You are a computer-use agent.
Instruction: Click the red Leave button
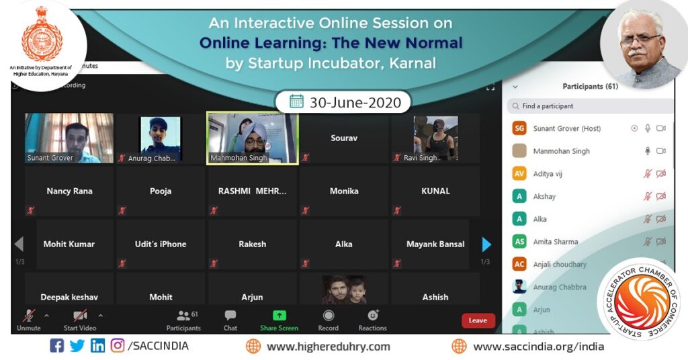[478, 320]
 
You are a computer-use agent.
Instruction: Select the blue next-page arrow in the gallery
[486, 244]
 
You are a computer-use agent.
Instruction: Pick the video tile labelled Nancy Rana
[69, 191]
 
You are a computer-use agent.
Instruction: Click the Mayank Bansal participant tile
[435, 244]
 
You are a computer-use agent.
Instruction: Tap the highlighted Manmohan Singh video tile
[252, 138]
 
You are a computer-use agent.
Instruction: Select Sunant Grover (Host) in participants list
[567, 128]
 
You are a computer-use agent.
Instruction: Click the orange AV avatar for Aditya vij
[519, 173]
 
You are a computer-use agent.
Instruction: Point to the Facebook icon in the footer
[57, 346]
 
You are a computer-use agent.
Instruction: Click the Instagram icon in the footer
[118, 346]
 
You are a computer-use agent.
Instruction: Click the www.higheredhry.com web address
[328, 347]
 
